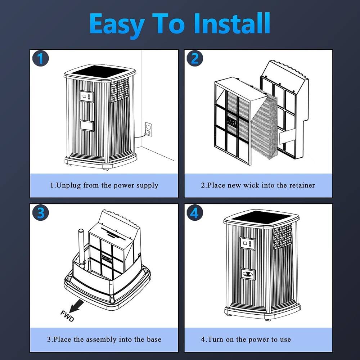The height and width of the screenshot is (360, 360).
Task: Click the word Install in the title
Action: coord(231,23)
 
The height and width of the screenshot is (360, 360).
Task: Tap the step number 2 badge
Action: coord(194,58)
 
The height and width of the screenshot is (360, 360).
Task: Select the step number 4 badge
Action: coord(194,213)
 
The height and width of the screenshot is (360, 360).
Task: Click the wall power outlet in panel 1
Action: coord(148,129)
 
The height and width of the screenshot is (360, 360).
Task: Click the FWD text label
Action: coord(67,316)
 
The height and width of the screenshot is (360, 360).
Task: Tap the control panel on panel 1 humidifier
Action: coord(86,96)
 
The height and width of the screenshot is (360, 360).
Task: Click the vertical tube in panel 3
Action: coord(82,245)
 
